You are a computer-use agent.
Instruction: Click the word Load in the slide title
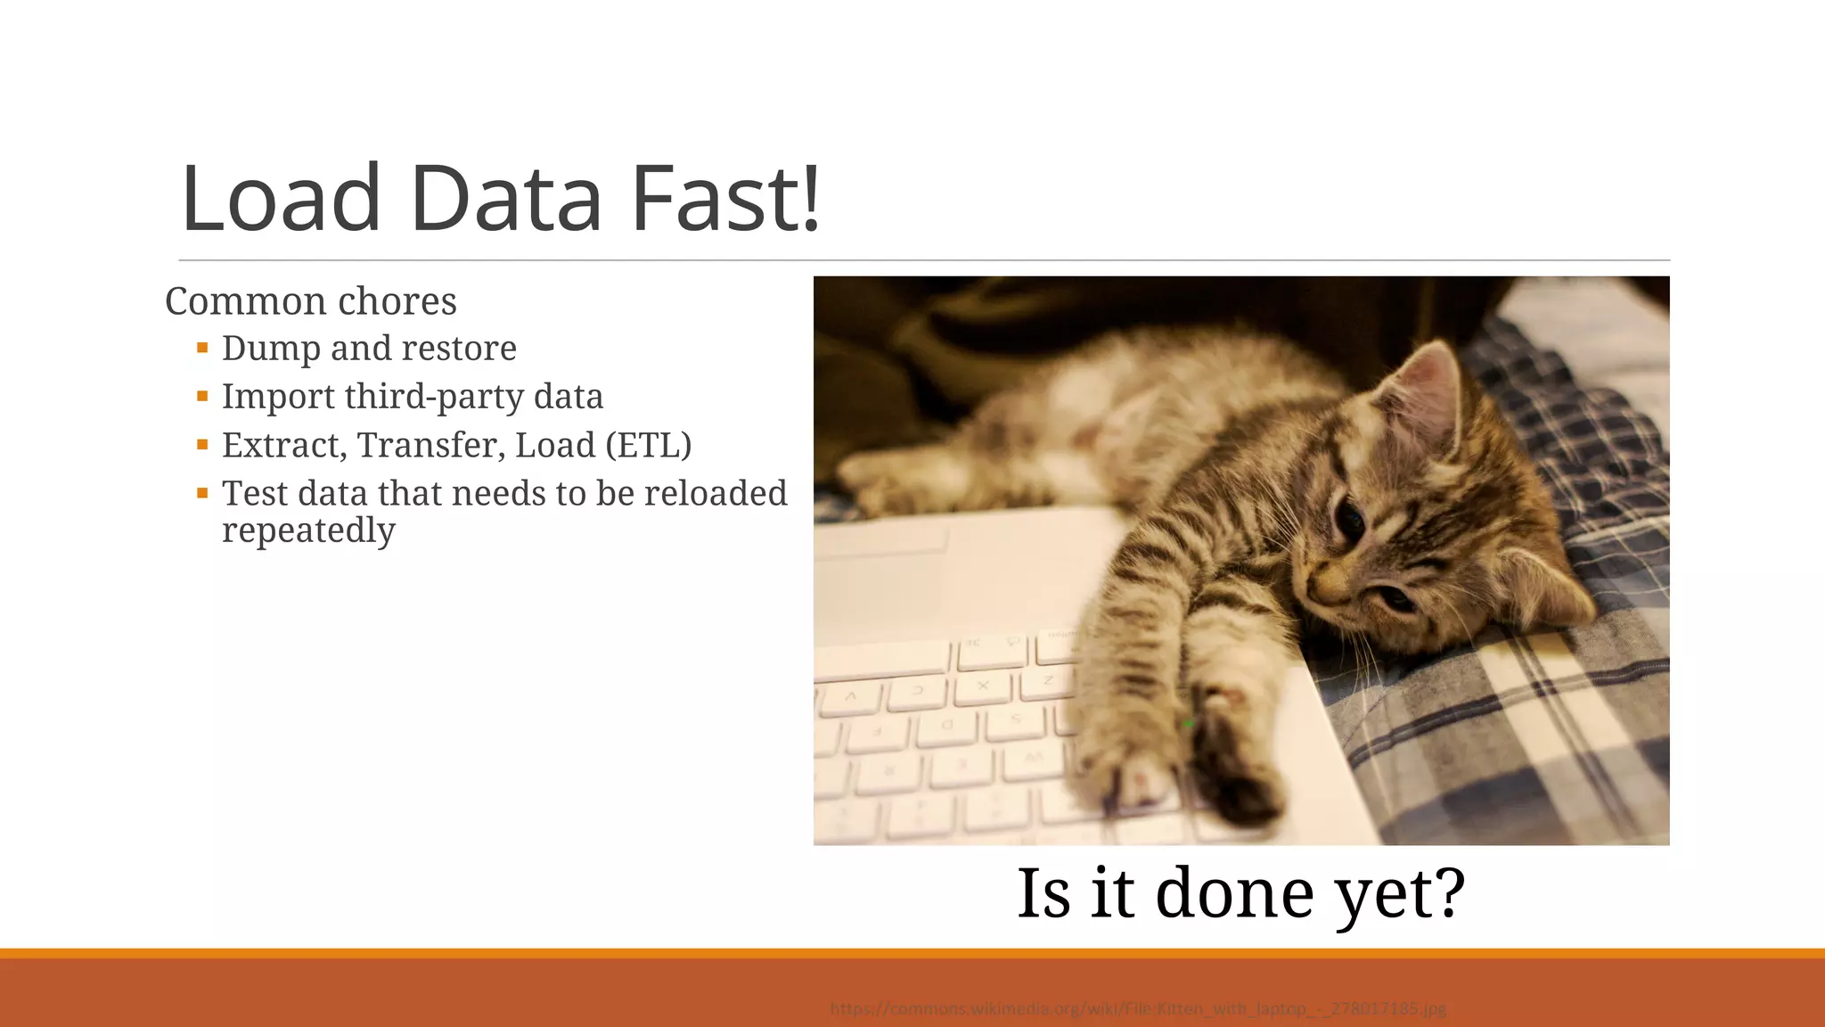(281, 200)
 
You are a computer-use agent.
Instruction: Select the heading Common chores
(310, 301)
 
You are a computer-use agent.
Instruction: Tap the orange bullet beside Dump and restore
(202, 348)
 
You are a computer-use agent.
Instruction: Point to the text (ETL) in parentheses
(648, 445)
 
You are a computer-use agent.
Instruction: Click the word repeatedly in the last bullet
(308, 530)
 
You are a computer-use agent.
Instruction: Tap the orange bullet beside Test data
(202, 492)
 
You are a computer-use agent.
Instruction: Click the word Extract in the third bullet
(284, 445)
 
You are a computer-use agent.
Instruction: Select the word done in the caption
(1234, 892)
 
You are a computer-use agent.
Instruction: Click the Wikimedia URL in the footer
(1138, 1009)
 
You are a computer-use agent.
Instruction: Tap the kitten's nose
(1319, 586)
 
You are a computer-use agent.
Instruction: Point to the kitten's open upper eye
(1350, 519)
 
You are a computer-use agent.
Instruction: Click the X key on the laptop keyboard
(983, 686)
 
